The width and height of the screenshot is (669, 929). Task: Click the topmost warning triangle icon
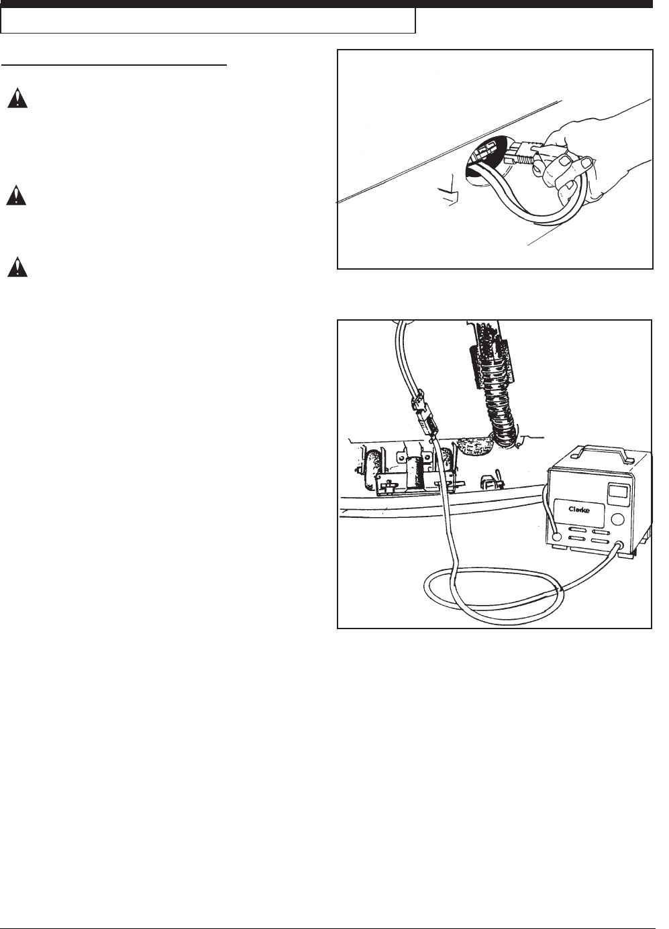coord(17,99)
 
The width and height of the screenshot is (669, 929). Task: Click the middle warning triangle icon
coord(16,195)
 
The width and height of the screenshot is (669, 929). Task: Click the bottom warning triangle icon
coord(17,267)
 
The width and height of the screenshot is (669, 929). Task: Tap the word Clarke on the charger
coord(579,510)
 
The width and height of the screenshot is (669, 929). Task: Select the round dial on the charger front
coord(618,518)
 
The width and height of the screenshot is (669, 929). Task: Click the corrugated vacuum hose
coord(498,398)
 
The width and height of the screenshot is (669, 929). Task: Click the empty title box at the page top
coord(208,21)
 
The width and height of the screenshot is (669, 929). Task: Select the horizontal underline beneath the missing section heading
coord(114,64)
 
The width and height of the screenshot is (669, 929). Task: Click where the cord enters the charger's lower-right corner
coord(621,545)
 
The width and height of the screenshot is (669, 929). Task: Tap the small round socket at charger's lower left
coord(558,537)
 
